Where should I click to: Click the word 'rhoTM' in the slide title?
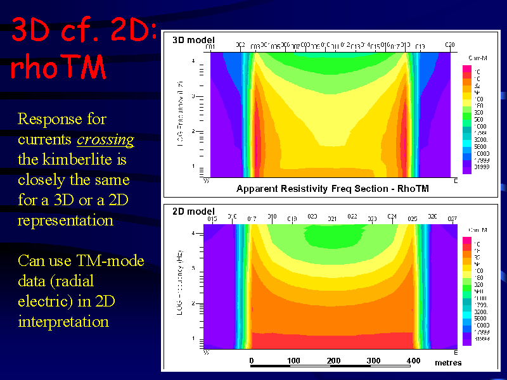59,68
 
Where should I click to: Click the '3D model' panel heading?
193,40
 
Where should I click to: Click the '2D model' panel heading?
193,212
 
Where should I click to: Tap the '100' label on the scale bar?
293,361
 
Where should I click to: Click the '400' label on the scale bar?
413,361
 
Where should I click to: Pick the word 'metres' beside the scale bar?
448,362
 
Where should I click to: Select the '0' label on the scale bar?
252,361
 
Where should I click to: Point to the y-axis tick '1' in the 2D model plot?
193,339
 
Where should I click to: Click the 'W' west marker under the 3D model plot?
206,181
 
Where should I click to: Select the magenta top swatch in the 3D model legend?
467,68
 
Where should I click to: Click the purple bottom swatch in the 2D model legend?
467,339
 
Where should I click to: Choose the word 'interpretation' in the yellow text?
63,321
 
